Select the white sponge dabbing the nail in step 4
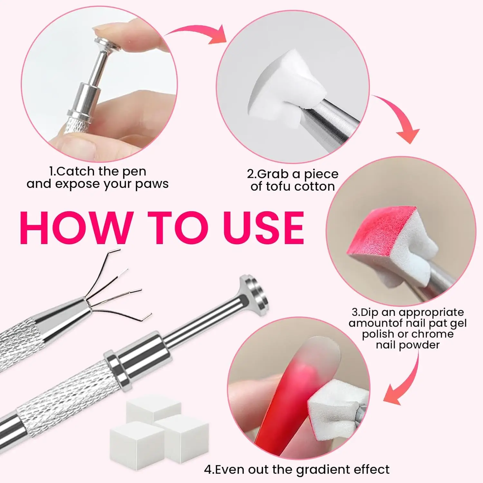point(335,406)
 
